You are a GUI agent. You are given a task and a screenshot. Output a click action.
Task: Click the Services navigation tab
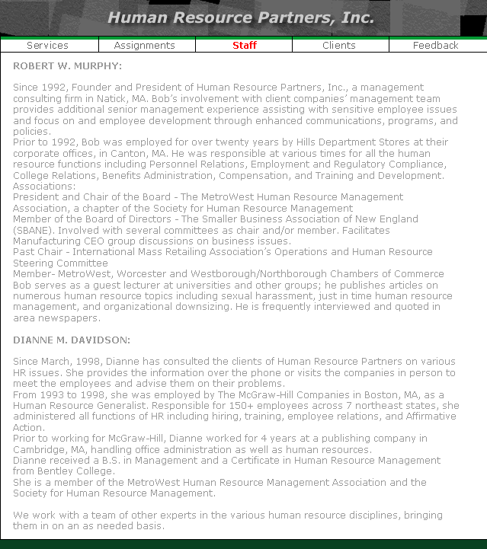pos(47,46)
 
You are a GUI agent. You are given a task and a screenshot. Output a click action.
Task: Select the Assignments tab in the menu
pos(145,46)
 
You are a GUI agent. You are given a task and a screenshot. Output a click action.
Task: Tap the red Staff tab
pos(245,46)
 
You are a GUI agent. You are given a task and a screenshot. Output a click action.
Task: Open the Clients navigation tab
pos(339,46)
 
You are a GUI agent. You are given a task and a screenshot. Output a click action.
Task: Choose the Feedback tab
pos(436,46)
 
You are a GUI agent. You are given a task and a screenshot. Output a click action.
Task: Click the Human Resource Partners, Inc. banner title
pos(241,18)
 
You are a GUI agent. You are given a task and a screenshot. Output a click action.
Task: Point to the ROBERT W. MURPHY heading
pos(68,66)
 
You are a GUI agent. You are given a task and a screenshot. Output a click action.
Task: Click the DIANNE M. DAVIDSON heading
pos(72,340)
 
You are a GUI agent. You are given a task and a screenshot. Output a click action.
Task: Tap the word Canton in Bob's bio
pos(114,154)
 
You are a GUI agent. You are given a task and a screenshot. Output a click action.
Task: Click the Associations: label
pos(44,187)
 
